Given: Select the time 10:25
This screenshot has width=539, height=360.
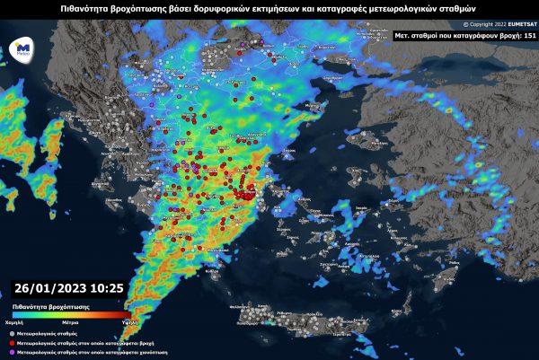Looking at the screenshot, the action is pos(105,289).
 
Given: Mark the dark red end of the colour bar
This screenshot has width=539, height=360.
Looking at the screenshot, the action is pos(119,315).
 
